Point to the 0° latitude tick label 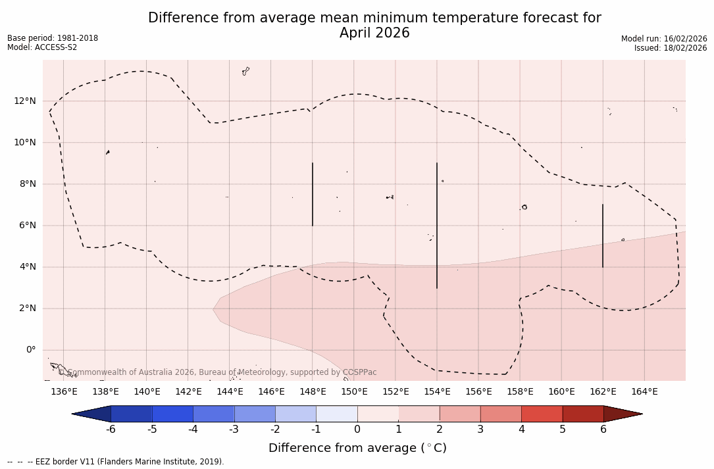tap(30, 350)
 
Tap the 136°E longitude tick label tap(64, 392)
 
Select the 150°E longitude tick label tap(354, 392)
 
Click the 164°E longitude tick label tap(644, 392)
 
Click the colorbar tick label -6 tap(111, 430)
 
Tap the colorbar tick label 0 tap(357, 430)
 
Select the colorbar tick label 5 tap(563, 430)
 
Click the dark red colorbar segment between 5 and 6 tap(583, 414)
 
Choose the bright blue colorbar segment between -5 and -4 tap(172, 414)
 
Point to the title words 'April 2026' tap(374, 33)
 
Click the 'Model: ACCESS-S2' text tap(42, 47)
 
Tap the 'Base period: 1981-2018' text tap(53, 38)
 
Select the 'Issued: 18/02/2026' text tap(671, 48)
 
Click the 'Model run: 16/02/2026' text tap(664, 39)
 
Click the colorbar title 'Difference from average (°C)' tap(357, 448)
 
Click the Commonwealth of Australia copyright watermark tap(217, 372)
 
